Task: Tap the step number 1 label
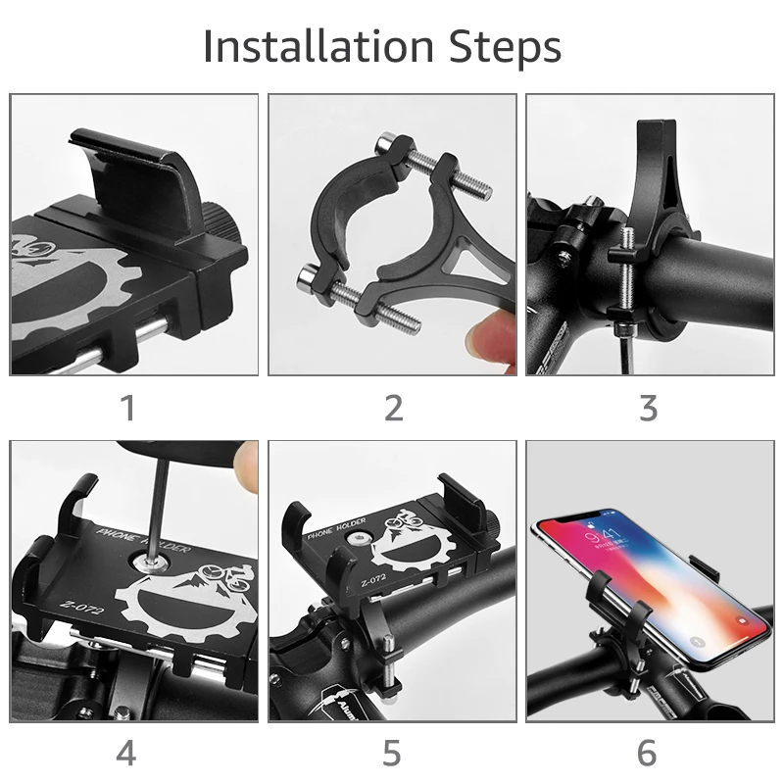click(127, 408)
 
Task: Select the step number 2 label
click(393, 408)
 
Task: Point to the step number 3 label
click(648, 408)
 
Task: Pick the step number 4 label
click(127, 754)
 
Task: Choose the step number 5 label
click(392, 754)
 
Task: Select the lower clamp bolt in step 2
click(354, 303)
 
